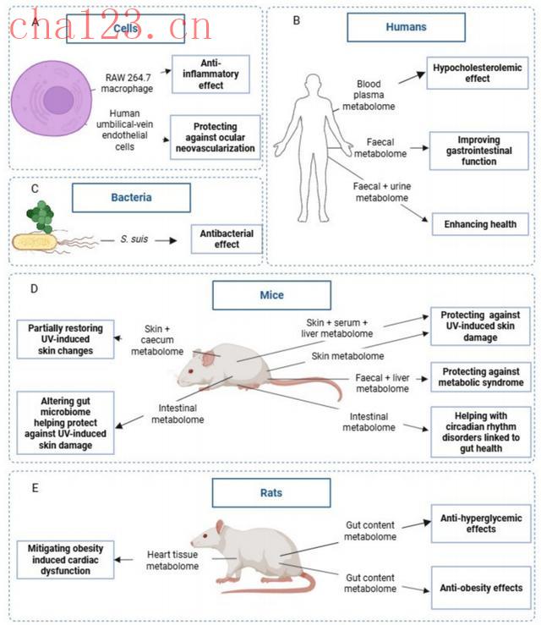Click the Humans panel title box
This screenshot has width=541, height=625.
pos(406,27)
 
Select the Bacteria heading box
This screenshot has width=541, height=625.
pos(131,197)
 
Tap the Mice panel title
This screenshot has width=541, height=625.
pos(270,295)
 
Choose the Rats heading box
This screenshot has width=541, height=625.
pos(270,493)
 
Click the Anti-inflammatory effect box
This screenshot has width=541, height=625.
pos(211,74)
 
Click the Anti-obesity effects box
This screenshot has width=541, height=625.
pos(481,588)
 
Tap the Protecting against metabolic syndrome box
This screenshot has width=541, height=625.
pos(481,376)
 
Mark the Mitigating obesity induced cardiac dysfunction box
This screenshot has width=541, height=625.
pos(65,559)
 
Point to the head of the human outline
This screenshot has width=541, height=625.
pos(313,86)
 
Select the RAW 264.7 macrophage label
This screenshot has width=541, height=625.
pos(132,81)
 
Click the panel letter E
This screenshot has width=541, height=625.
pos(33,486)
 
